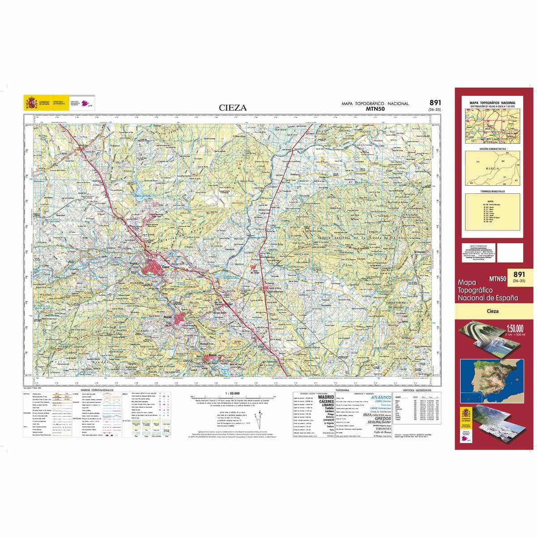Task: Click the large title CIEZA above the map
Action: [233, 107]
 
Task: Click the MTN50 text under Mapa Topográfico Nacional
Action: [375, 109]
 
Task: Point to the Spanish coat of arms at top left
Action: [31, 103]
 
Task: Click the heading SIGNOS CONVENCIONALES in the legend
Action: [97, 390]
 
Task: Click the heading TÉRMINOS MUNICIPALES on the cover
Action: [492, 192]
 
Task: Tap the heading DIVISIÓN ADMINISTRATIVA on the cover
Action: [492, 148]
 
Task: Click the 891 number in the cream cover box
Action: [519, 274]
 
